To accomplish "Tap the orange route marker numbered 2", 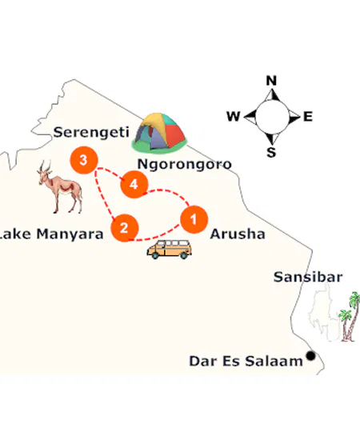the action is click(x=123, y=228).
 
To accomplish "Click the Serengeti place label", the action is click(x=85, y=131).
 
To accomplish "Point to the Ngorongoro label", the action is click(x=185, y=164).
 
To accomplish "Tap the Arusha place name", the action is click(x=237, y=234).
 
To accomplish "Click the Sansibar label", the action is click(x=308, y=278).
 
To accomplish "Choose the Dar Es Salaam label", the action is click(x=246, y=361).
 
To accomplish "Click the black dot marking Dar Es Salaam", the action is click(x=311, y=357).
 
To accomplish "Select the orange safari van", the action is click(x=170, y=249).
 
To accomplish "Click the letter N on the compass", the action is click(x=270, y=81).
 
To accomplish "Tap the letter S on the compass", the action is click(x=270, y=153).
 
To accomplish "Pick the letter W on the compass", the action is click(x=233, y=117).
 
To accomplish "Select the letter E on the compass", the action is click(x=307, y=117).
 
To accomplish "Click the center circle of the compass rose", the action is click(x=270, y=117).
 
